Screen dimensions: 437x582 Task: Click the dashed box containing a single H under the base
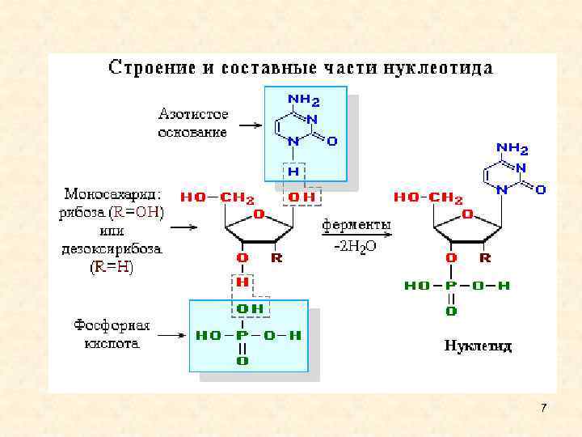pos(293,172)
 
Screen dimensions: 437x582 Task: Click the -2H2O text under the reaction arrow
pos(356,248)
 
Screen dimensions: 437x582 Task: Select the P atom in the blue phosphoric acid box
pos(242,334)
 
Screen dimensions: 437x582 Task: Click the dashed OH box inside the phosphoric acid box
pos(251,308)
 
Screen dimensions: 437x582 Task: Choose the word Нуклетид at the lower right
pos(478,346)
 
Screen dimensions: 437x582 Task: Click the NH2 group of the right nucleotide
pos(512,150)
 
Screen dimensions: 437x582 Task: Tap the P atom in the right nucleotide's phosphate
pos(451,285)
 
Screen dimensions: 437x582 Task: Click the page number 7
pos(543,407)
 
